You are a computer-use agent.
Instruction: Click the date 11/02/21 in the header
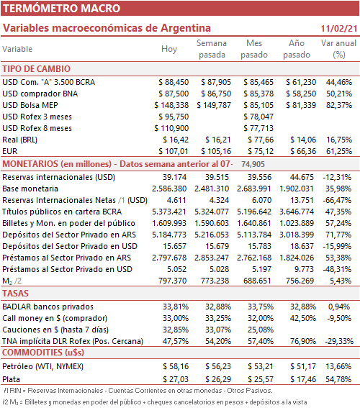pyautogui.click(x=338, y=28)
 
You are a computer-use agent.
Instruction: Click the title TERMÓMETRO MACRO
pyautogui.click(x=61, y=9)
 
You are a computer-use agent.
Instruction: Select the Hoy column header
pyautogui.click(x=169, y=49)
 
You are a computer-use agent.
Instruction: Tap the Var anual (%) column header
pyautogui.click(x=338, y=49)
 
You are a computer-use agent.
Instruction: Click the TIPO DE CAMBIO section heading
pyautogui.click(x=37, y=69)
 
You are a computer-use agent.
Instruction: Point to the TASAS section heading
pyautogui.click(x=15, y=294)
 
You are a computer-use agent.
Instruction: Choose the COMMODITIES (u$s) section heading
pyautogui.click(x=43, y=353)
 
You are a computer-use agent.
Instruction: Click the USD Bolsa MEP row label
pyautogui.click(x=30, y=105)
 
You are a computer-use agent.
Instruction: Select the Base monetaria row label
pyautogui.click(x=30, y=189)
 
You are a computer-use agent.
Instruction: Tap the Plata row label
pyautogui.click(x=12, y=379)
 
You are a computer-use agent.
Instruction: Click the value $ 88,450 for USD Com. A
pyautogui.click(x=174, y=82)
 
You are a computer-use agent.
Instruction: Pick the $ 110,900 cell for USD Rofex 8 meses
pyautogui.click(x=171, y=128)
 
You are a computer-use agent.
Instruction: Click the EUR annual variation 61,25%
pyautogui.click(x=339, y=151)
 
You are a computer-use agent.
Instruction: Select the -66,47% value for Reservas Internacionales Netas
pyautogui.click(x=337, y=200)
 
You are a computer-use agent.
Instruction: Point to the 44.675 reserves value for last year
pyautogui.click(x=302, y=177)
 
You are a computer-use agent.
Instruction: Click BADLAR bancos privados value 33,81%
pyautogui.click(x=176, y=307)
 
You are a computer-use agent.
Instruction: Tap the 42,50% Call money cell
pyautogui.click(x=303, y=318)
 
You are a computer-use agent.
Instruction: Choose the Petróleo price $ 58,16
pyautogui.click(x=176, y=366)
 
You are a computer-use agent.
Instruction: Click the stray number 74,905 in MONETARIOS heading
pyautogui.click(x=253, y=164)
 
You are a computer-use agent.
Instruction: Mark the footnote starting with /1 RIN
pyautogui.click(x=138, y=391)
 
